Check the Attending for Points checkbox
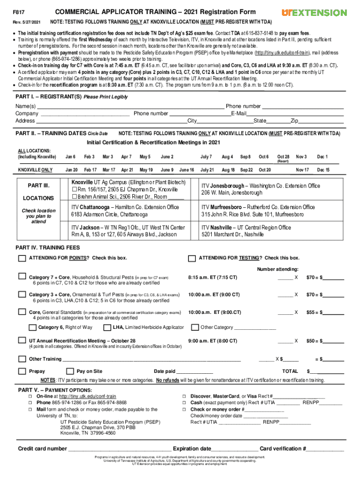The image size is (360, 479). (x=22, y=258)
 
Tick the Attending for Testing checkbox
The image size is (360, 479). (x=191, y=258)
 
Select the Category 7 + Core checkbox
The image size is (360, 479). (x=22, y=276)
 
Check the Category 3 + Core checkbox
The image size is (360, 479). (x=22, y=294)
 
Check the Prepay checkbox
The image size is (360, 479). (x=22, y=371)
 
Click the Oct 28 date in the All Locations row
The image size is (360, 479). (x=283, y=157)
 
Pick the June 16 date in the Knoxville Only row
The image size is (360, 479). (x=187, y=170)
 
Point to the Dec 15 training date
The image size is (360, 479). (x=323, y=170)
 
